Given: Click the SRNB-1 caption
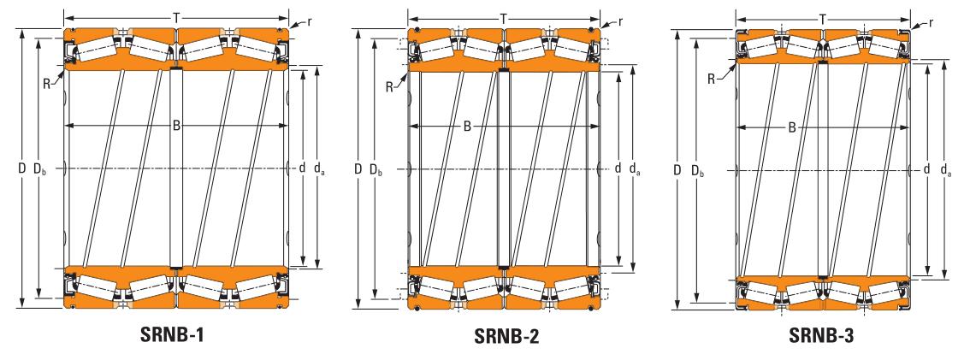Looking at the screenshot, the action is click(171, 335).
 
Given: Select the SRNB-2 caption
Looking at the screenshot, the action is click(506, 337).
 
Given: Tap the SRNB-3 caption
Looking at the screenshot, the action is click(821, 336).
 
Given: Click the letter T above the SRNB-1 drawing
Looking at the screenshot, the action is click(177, 18).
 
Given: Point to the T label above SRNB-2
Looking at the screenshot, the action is click(504, 19).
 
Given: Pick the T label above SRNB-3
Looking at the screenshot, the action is click(822, 20).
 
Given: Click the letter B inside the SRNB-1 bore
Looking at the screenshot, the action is click(176, 127).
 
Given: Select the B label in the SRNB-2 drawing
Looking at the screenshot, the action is click(468, 127).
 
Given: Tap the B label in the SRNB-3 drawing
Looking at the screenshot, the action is click(791, 128).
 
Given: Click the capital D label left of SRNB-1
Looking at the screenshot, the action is click(21, 168).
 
